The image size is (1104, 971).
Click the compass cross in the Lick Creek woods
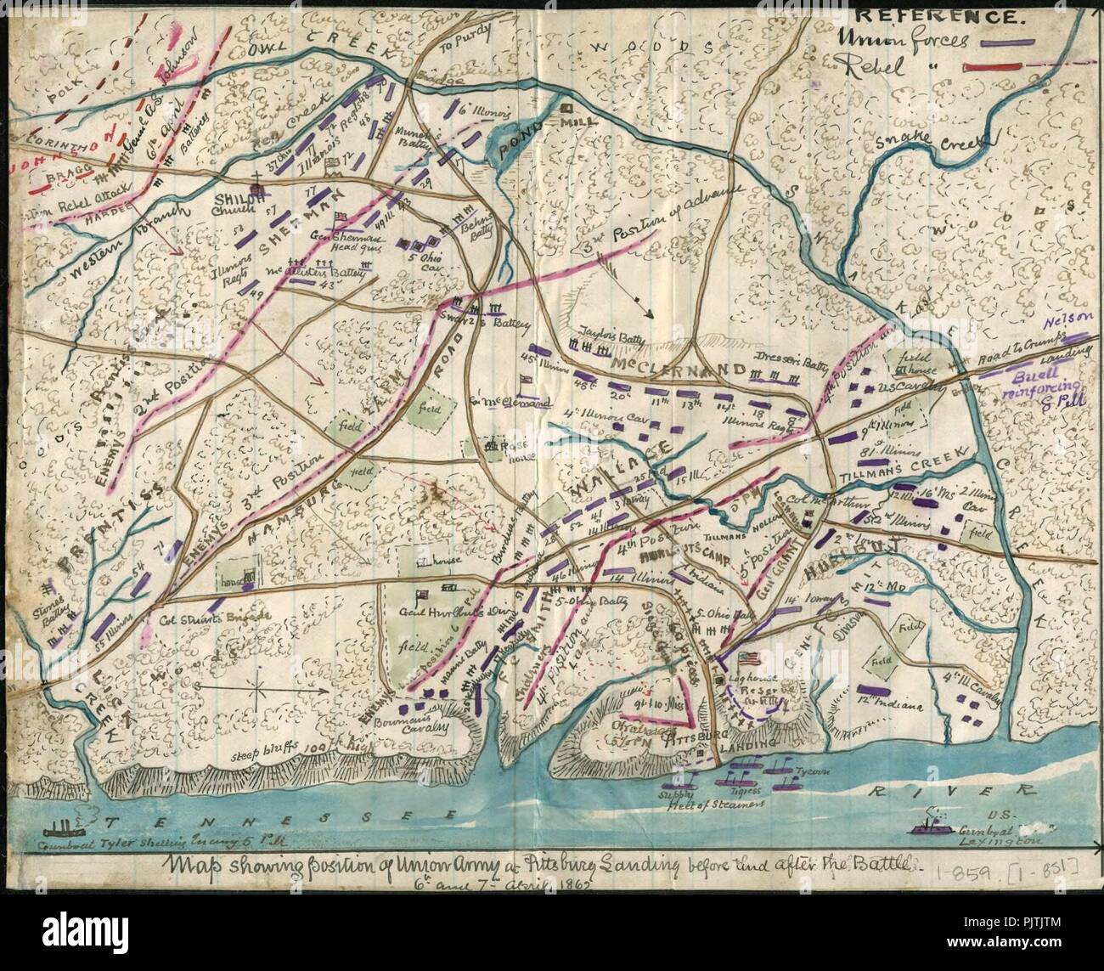click(x=255, y=685)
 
